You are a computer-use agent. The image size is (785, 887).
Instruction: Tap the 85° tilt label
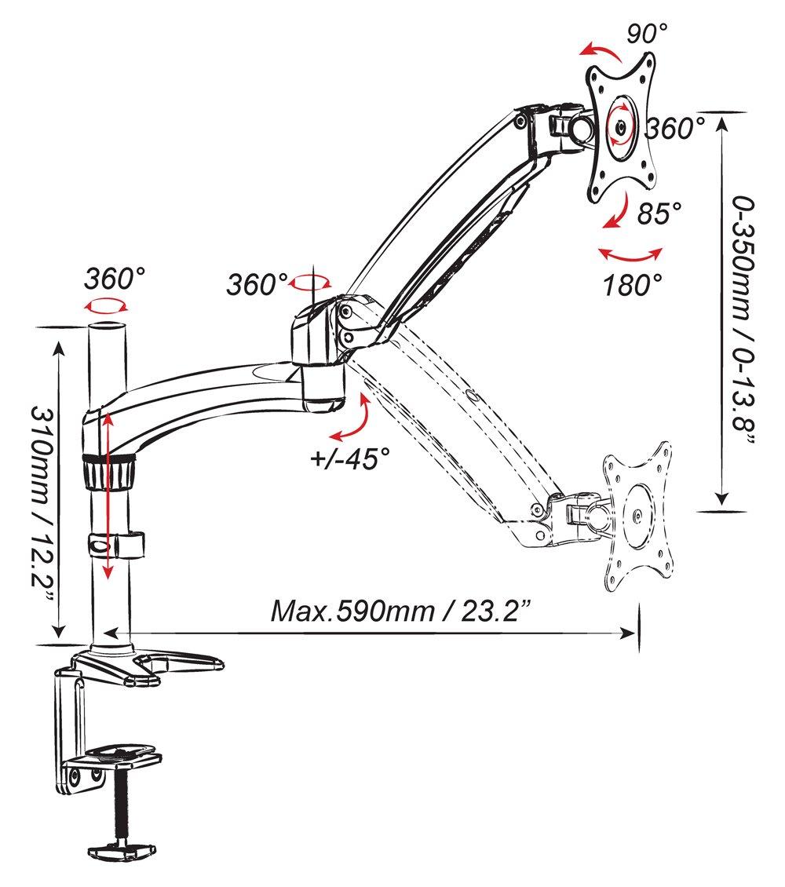pos(659,214)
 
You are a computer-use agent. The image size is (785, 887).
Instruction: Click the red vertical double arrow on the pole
pos(106,498)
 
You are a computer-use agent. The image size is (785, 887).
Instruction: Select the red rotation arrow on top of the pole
pos(107,305)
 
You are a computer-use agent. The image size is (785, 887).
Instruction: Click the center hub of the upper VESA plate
pos(620,126)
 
